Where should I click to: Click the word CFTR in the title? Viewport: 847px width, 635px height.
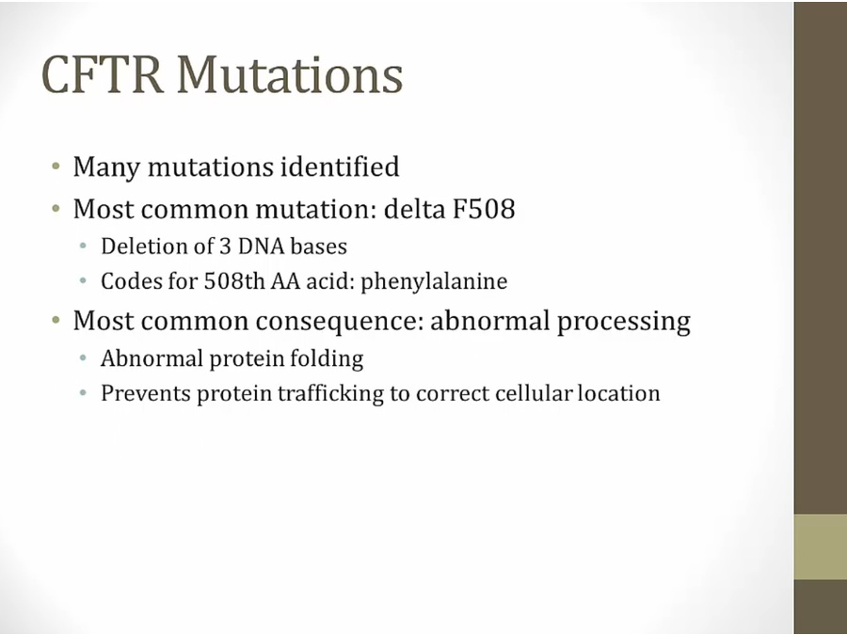click(x=102, y=74)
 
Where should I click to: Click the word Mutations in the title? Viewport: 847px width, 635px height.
click(x=290, y=74)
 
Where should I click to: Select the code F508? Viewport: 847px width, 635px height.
click(x=484, y=209)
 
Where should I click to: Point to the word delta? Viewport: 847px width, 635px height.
click(x=414, y=209)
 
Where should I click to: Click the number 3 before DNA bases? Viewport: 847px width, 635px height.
click(x=225, y=246)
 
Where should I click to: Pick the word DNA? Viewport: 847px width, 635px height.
click(x=261, y=246)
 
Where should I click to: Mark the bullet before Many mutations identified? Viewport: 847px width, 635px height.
click(x=56, y=166)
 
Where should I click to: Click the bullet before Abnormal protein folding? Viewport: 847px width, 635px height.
click(x=83, y=357)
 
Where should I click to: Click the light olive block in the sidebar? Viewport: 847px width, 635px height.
click(x=820, y=547)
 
